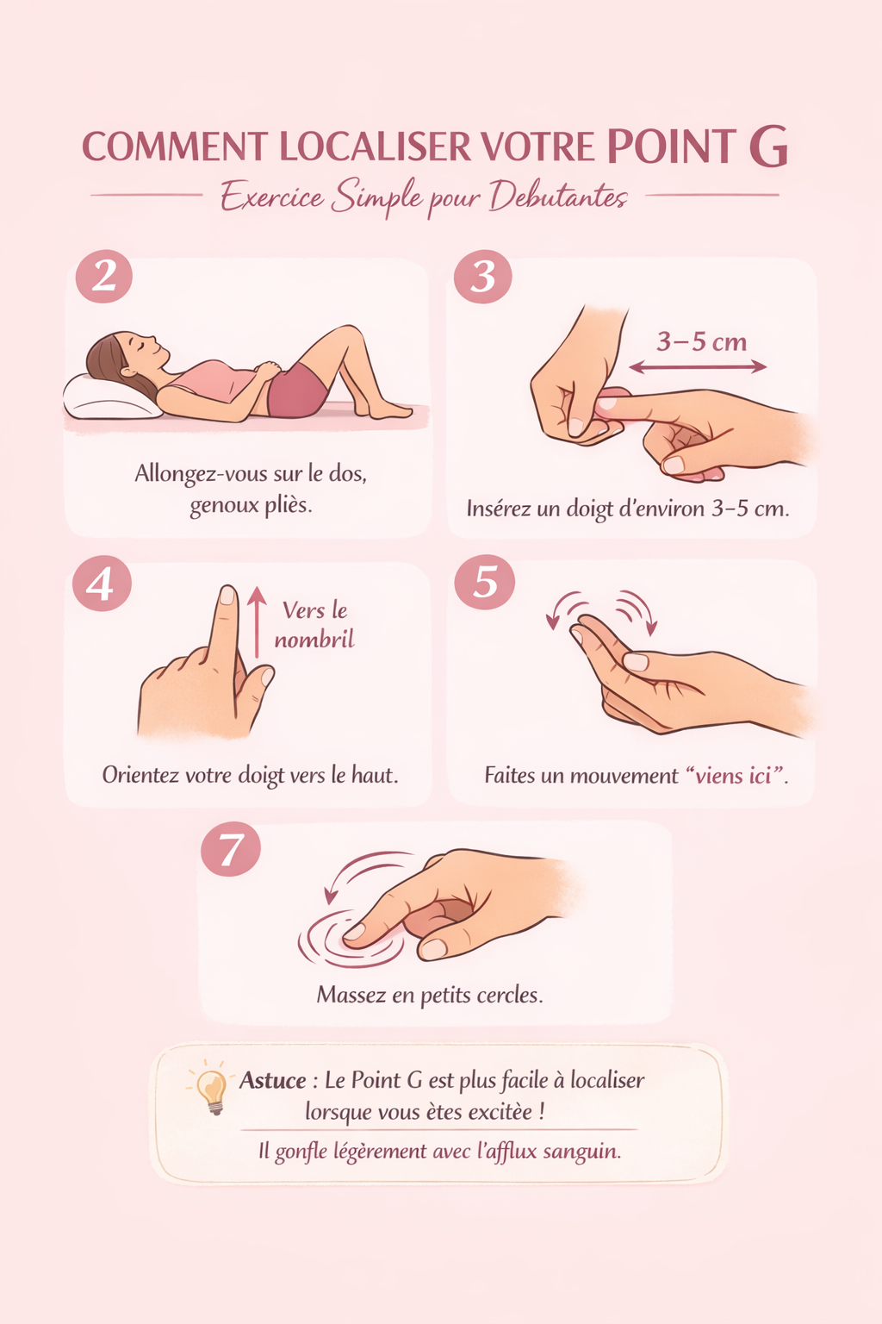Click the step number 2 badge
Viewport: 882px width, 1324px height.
click(104, 276)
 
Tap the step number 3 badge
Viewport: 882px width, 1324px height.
click(482, 276)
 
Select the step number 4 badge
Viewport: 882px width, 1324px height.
click(102, 584)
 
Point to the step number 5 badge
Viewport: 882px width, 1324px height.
click(484, 582)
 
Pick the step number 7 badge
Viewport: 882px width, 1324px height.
click(230, 849)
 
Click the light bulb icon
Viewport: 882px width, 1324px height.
click(212, 1090)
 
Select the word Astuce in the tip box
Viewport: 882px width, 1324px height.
click(272, 1080)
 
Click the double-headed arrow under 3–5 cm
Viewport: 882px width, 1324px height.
click(698, 367)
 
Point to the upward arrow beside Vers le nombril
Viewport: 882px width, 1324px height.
click(257, 621)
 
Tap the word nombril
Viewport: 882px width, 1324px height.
click(314, 640)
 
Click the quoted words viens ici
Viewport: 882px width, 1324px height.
click(733, 775)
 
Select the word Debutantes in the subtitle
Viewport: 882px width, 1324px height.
click(558, 197)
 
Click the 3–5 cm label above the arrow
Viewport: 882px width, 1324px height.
click(702, 341)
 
